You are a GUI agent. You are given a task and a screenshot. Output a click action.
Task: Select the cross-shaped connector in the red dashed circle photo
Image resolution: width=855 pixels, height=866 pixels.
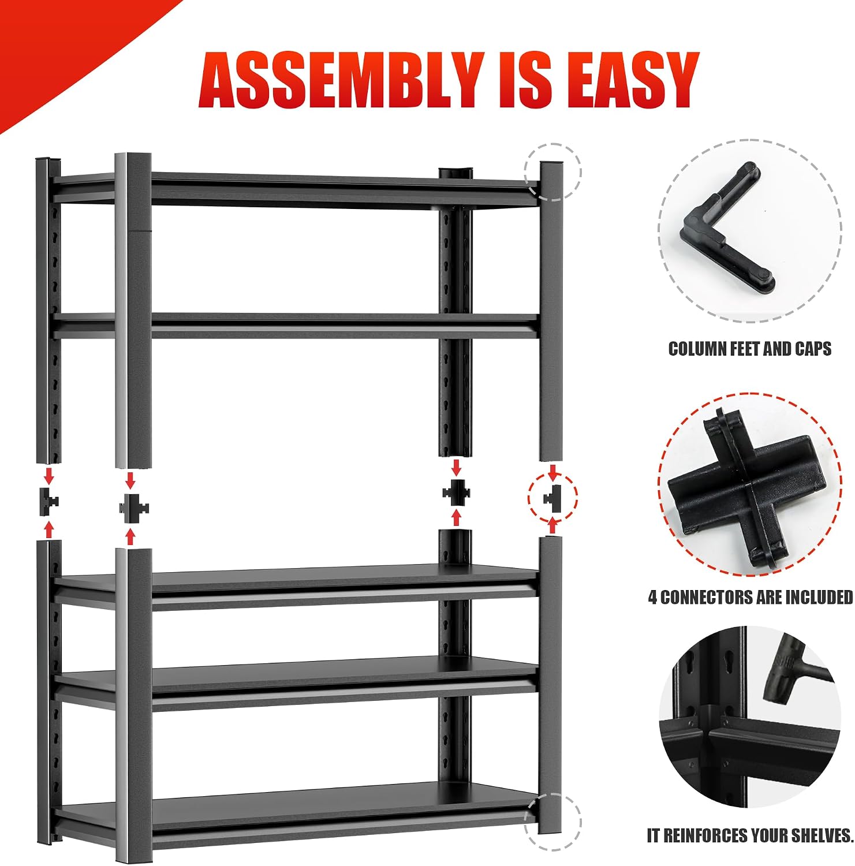(x=745, y=484)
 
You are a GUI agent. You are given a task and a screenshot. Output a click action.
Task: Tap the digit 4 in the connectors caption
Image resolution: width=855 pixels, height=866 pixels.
(x=652, y=597)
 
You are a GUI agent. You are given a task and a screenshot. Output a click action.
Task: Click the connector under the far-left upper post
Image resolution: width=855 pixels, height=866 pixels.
(x=47, y=501)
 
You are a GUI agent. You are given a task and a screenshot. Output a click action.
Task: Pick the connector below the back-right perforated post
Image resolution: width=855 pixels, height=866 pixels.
(x=456, y=492)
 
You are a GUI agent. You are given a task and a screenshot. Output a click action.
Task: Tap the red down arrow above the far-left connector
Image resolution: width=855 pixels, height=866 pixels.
(x=49, y=476)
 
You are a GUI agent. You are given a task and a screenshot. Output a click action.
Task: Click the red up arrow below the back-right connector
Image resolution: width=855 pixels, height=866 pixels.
(x=457, y=517)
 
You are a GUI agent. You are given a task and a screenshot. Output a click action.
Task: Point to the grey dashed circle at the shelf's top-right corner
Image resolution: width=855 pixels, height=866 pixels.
(x=552, y=171)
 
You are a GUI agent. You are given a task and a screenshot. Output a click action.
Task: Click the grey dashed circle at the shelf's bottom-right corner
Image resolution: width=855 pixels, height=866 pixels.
(x=552, y=822)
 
